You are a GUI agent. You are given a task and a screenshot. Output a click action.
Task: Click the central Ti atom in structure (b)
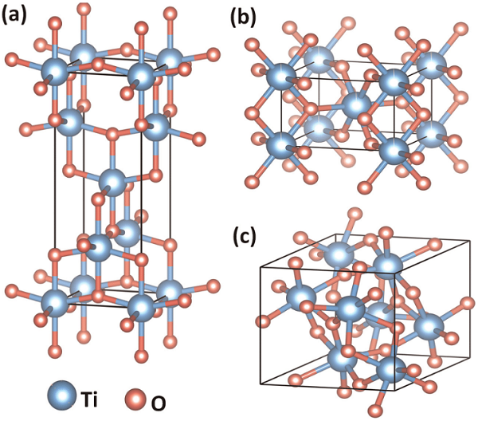click(357, 104)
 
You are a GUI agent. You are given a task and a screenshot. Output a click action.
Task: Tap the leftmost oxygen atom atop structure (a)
click(14, 60)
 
